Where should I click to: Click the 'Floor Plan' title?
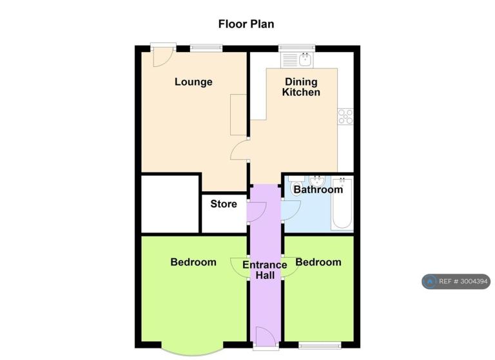(246, 24)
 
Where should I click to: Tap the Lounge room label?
(193, 82)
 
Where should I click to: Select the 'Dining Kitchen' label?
(301, 87)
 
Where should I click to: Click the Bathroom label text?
(318, 189)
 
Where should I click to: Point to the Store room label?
(224, 204)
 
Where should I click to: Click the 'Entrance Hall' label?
(265, 270)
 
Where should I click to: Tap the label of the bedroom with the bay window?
(193, 262)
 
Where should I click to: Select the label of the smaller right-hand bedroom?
(318, 262)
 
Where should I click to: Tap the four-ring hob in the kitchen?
(345, 117)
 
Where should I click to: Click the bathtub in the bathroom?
(342, 204)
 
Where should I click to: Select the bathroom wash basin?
(317, 181)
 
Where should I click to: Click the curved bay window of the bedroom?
(193, 353)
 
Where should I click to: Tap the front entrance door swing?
(266, 335)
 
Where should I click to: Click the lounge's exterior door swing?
(162, 58)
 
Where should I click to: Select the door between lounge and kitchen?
(240, 150)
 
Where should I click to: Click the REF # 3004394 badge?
(456, 281)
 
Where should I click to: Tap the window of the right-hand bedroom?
(320, 345)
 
